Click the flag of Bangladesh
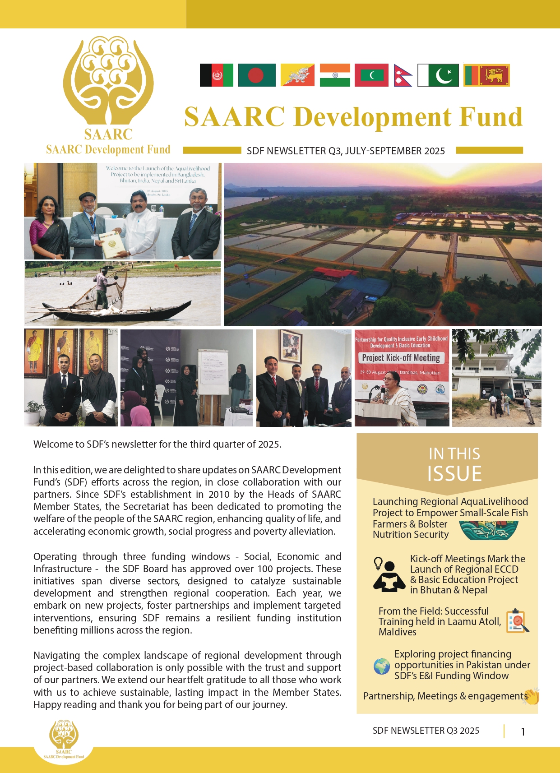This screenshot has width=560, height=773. click(x=256, y=75)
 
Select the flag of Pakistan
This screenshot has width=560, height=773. click(x=438, y=75)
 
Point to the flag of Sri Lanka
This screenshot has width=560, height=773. click(x=486, y=75)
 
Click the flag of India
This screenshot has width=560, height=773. click(x=335, y=75)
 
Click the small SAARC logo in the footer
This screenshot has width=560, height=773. click(x=64, y=736)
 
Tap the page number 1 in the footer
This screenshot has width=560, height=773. click(x=523, y=731)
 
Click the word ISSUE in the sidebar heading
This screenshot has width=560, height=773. click(x=454, y=473)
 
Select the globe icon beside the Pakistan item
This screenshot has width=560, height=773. click(x=382, y=666)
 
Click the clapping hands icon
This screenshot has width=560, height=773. click(x=532, y=696)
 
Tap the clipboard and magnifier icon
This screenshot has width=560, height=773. click(x=517, y=621)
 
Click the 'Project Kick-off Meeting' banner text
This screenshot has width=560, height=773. click(x=401, y=358)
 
